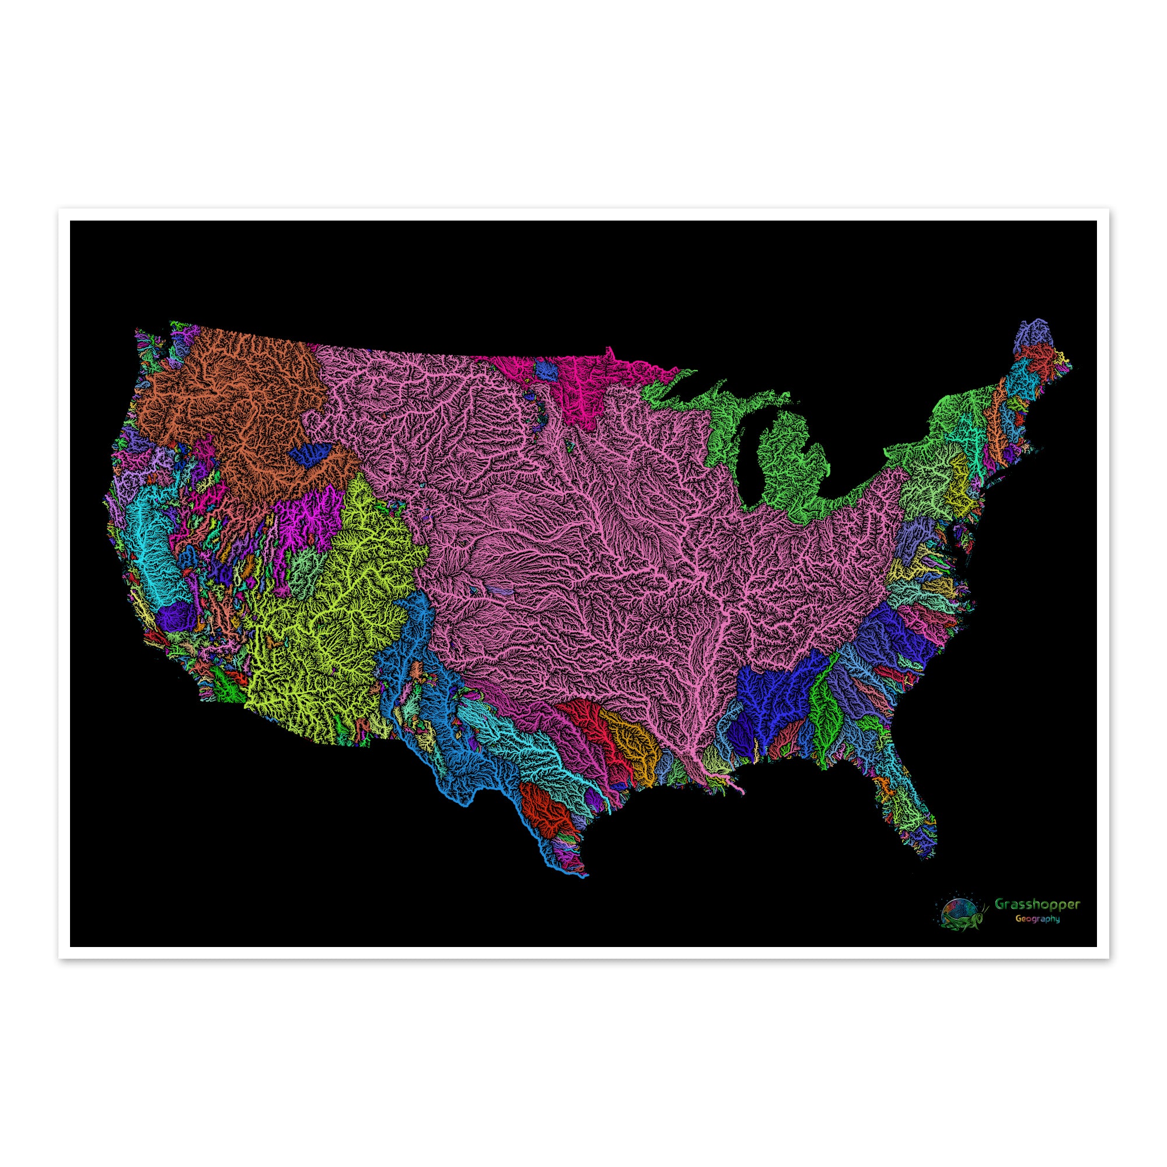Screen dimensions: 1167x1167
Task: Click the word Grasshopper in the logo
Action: pos(1037,921)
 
